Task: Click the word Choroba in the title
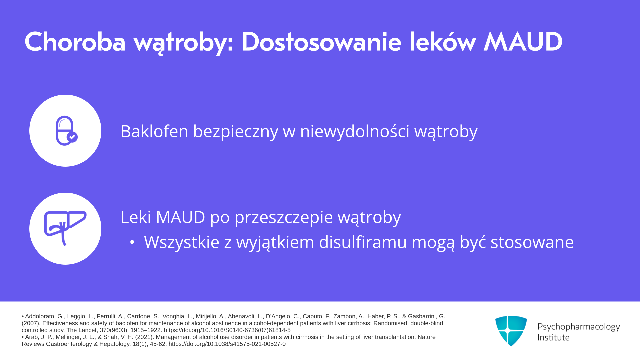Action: coord(75,42)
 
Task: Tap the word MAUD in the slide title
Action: coord(523,42)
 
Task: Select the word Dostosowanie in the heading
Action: coord(321,42)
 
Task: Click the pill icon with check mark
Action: coord(67,131)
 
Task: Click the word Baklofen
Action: coord(154,131)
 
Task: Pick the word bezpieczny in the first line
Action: coord(235,132)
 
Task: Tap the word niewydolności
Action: coord(355,131)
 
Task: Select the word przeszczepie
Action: coord(284,217)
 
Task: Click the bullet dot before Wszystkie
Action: coord(132,243)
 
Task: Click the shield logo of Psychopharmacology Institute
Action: coord(511,331)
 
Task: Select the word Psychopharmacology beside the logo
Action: coord(579,327)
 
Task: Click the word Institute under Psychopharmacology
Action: coord(553,337)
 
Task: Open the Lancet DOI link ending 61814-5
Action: coord(227,330)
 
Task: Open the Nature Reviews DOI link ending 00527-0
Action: coord(227,344)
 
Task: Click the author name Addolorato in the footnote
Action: coord(39,316)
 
